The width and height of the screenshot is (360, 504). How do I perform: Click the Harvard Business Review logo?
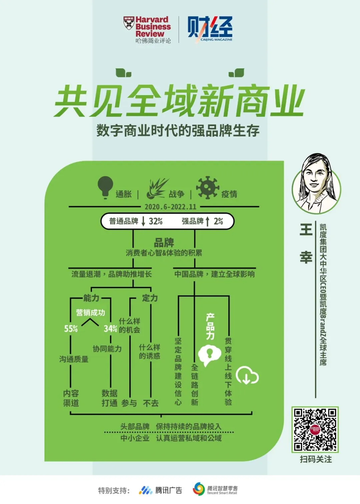point(147,29)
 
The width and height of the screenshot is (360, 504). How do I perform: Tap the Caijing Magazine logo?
point(210,29)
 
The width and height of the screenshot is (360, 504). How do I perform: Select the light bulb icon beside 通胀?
point(105,187)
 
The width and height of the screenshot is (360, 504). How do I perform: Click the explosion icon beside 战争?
point(157,188)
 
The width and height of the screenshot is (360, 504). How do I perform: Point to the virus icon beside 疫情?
point(207,187)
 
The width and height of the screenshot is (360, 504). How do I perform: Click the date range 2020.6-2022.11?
point(170,207)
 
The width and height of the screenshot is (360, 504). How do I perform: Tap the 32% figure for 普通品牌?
point(156,221)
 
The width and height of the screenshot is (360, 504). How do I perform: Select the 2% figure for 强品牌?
point(218,221)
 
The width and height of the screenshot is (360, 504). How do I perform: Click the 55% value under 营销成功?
point(71,329)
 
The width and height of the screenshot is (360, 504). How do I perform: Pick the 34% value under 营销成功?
point(110,329)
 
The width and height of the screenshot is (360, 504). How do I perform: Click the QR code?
point(315,430)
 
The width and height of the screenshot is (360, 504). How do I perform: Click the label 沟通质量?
point(74,359)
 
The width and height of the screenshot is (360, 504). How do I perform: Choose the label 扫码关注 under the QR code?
point(316,459)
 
